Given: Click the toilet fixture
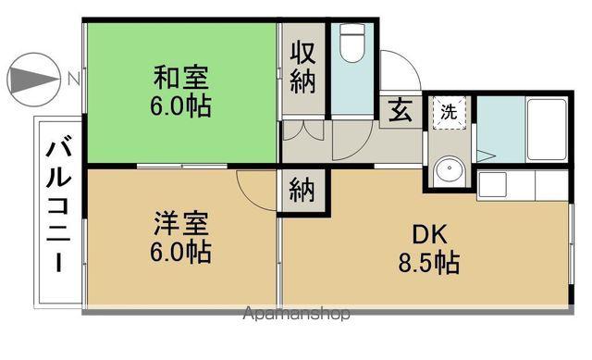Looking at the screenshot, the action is tap(352, 43).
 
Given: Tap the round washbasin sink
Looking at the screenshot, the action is tap(449, 168).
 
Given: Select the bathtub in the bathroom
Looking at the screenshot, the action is tap(547, 130).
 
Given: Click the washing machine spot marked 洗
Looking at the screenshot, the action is tap(449, 113).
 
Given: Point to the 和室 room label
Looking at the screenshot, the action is tap(181, 78).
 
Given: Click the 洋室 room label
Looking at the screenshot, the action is tap(181, 224).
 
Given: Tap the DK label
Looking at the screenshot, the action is tap(429, 234).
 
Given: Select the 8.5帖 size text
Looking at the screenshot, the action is tap(429, 263).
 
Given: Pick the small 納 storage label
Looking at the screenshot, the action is tap(302, 190).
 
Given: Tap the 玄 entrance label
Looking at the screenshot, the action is tap(401, 110).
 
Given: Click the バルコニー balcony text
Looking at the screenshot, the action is tap(59, 206).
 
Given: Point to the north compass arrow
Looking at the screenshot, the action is tap(34, 80).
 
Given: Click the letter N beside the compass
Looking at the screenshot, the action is tap(74, 80).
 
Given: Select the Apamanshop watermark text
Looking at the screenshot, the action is tap(296, 314).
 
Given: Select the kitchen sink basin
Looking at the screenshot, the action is tap(492, 184).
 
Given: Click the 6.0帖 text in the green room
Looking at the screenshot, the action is tap(181, 106).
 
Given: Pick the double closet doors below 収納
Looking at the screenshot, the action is tap(303, 130).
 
